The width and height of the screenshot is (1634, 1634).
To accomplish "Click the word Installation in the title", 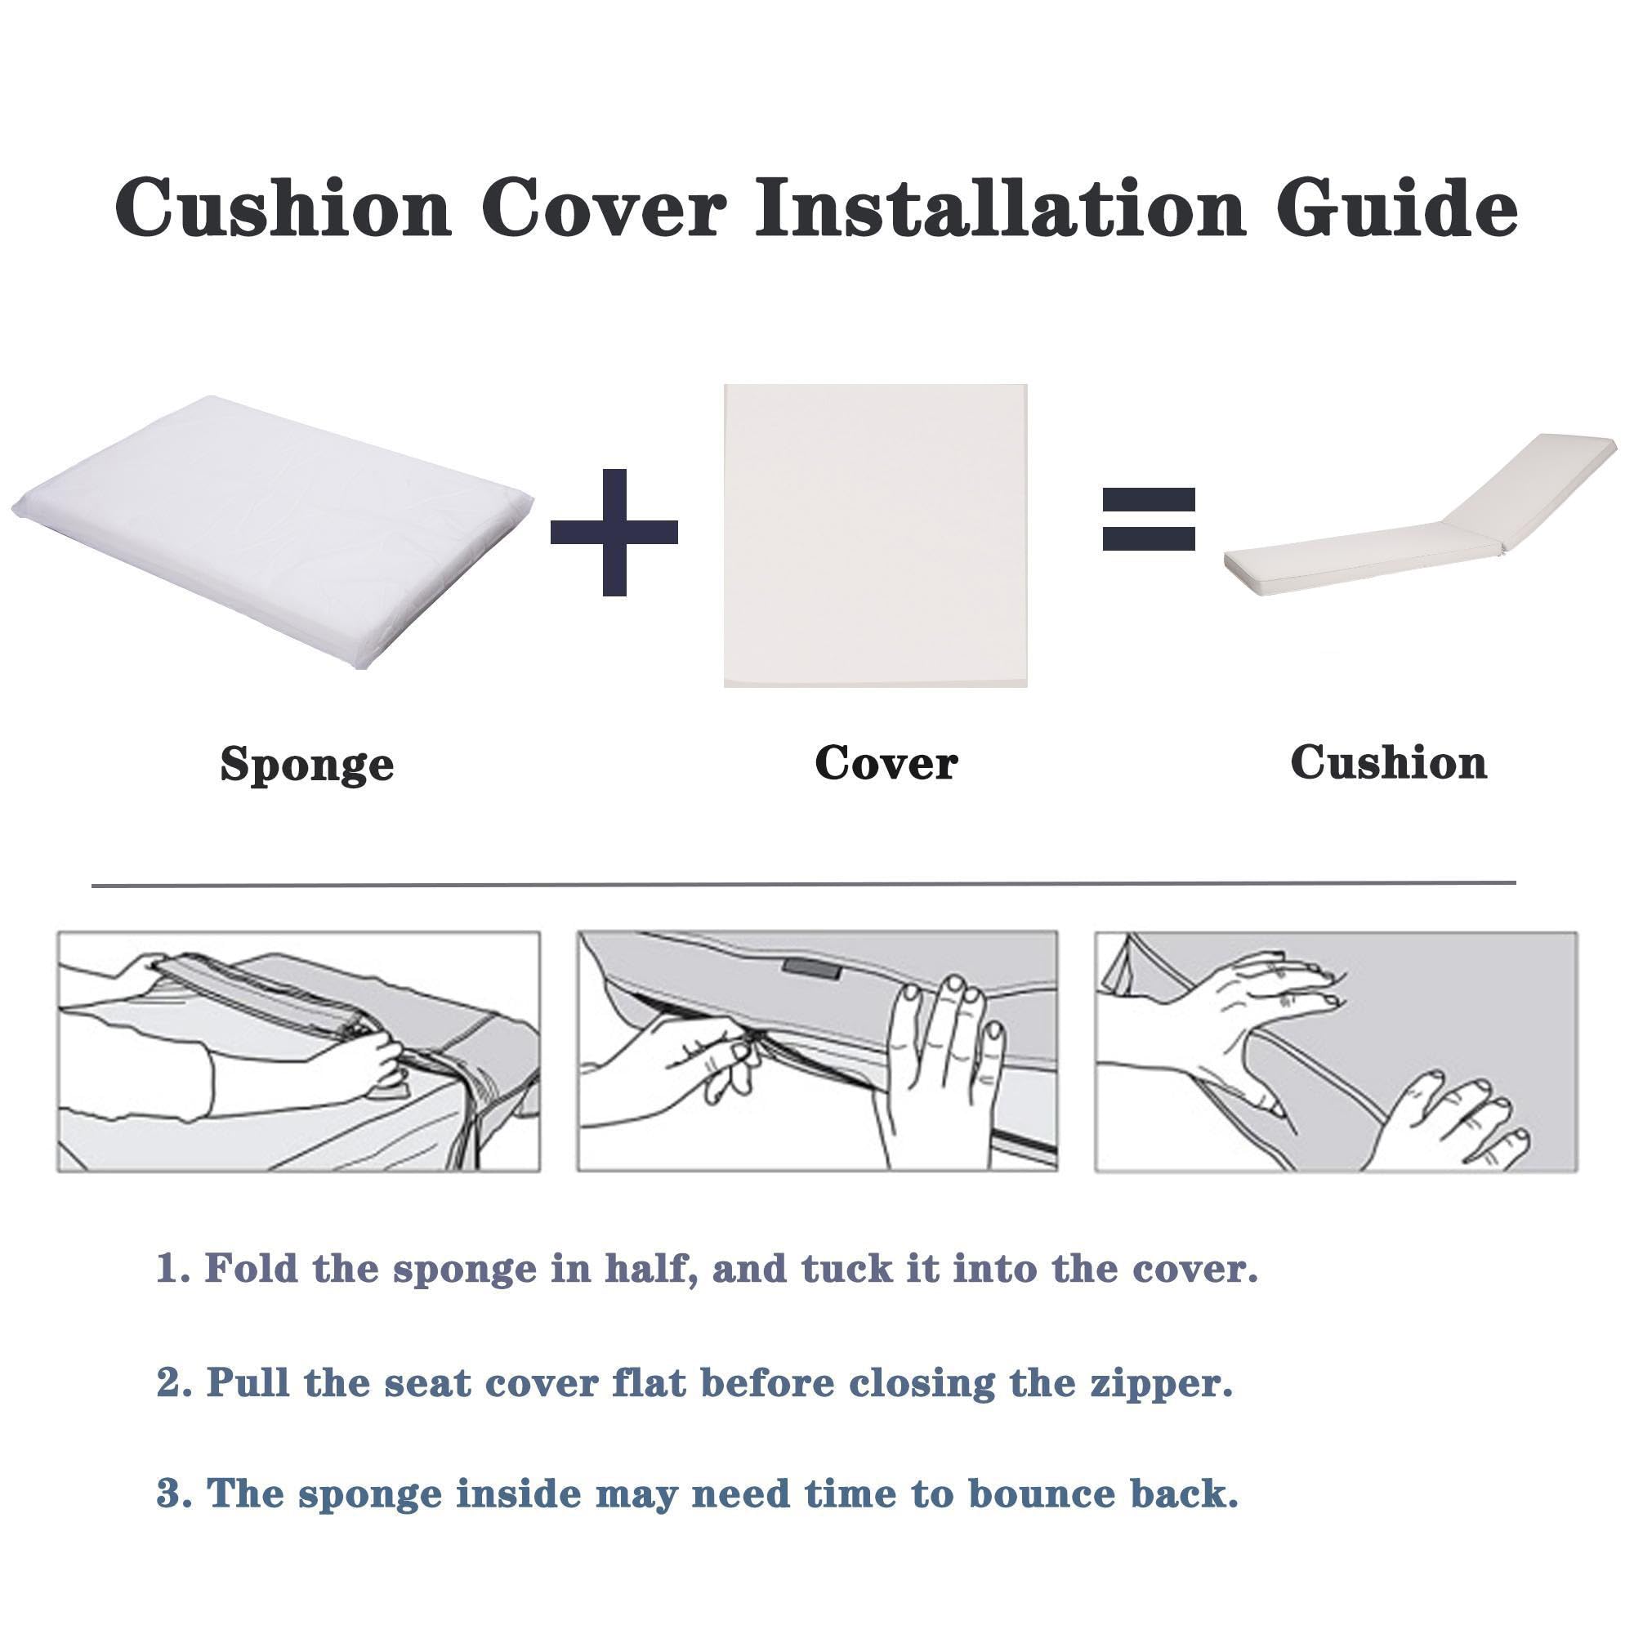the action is click(1000, 208).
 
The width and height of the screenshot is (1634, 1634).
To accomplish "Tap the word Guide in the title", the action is click(1397, 208).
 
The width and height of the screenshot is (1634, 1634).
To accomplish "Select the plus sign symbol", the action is click(614, 532).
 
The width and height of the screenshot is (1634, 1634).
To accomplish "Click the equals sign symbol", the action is click(1149, 520).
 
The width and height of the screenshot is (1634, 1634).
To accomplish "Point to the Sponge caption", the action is click(307, 766).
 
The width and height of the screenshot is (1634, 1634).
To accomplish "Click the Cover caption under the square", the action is click(886, 763).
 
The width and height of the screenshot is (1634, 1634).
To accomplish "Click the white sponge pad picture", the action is click(272, 533).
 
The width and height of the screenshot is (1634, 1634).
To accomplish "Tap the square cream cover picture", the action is click(875, 535).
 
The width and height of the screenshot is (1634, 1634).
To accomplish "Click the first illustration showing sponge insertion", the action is click(298, 1052).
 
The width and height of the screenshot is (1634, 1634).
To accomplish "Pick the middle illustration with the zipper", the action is click(817, 1052).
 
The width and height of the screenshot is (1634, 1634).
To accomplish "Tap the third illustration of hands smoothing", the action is click(1337, 1052).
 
